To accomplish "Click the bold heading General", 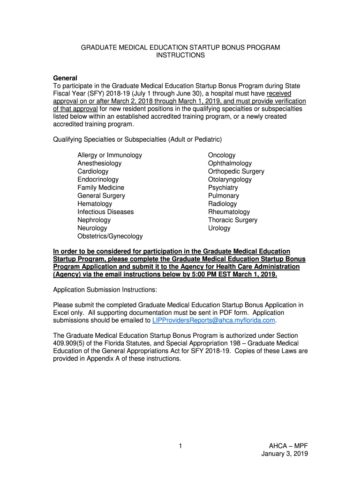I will click(x=65, y=78).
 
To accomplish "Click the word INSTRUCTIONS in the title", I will click(x=180, y=55).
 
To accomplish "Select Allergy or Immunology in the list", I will click(x=110, y=155).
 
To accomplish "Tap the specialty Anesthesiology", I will click(x=99, y=163).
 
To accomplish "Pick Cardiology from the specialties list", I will click(x=93, y=172).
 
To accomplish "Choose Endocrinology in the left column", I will click(x=98, y=180).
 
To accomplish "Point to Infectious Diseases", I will click(x=105, y=212).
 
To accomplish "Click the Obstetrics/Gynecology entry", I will click(x=110, y=236).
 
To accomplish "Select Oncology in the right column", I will click(x=222, y=155).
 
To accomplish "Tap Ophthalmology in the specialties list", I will click(x=230, y=163).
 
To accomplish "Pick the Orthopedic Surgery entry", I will click(x=236, y=172).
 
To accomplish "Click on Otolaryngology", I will click(x=230, y=180).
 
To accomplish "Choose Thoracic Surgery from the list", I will click(x=233, y=220).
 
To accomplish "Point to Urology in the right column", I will click(x=219, y=228).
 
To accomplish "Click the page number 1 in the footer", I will click(x=180, y=446).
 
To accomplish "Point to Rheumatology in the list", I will click(x=229, y=212).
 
